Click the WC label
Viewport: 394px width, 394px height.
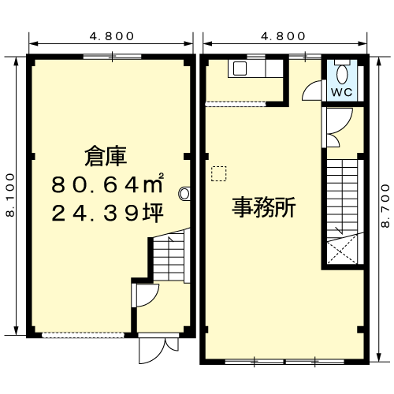tap(341, 91)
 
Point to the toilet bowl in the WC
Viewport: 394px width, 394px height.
tap(342, 73)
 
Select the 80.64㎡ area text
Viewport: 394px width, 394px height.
tap(107, 186)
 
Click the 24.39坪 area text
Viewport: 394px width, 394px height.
tap(107, 213)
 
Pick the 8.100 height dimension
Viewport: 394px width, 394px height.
tap(10, 195)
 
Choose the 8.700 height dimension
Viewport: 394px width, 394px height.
tap(385, 203)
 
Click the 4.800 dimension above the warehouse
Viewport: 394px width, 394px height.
tap(111, 36)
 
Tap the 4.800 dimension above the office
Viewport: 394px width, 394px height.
tap(283, 36)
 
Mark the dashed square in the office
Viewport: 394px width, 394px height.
tap(218, 173)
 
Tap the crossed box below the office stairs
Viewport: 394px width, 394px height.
tap(343, 253)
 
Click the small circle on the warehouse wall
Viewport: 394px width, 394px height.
tap(184, 191)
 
